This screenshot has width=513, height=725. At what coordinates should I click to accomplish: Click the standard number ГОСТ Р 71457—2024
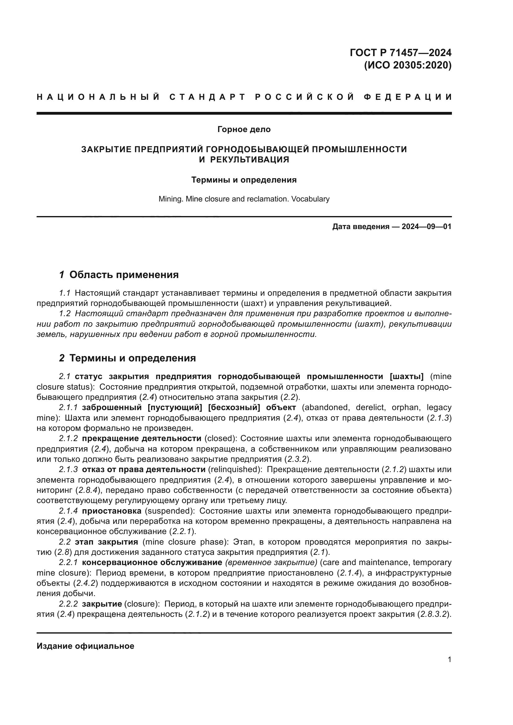pos(400,52)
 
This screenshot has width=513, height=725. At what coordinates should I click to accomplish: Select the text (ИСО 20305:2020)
pos(408,65)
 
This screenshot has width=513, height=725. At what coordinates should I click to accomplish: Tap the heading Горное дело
pos(244,130)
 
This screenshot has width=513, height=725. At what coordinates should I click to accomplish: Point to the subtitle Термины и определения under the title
pos(244,180)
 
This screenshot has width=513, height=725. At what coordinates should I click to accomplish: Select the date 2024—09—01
pos(426,227)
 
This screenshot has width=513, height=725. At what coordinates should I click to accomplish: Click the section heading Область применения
pos(124,275)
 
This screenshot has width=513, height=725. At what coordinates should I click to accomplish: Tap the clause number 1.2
pos(65,314)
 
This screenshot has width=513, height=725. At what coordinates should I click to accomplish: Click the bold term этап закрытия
pos(106,542)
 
